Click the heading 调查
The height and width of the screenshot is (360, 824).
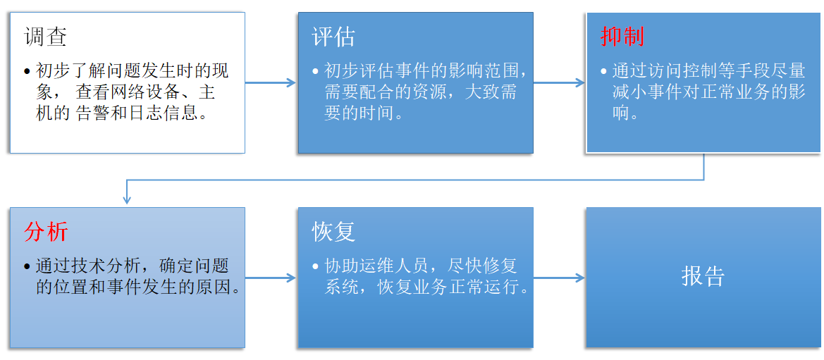pyautogui.click(x=45, y=37)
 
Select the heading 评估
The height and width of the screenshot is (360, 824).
pyautogui.click(x=333, y=37)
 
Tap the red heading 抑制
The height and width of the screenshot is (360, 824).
pyautogui.click(x=622, y=37)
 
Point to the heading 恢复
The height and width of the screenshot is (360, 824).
pyautogui.click(x=333, y=232)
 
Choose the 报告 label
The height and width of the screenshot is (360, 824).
pyautogui.click(x=703, y=276)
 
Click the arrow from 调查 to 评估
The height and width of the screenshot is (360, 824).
pyautogui.click(x=271, y=82)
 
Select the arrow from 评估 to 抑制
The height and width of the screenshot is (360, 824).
pyautogui.click(x=559, y=82)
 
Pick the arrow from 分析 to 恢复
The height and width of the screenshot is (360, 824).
pyautogui.click(x=271, y=278)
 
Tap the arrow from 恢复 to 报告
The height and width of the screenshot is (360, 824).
pyautogui.click(x=559, y=278)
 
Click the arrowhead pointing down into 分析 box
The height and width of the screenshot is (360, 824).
pyautogui.click(x=127, y=200)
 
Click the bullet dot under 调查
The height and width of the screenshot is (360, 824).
pyautogui.click(x=27, y=72)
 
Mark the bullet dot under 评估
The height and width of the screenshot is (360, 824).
pyautogui.click(x=315, y=72)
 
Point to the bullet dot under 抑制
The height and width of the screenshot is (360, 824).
pyautogui.click(x=603, y=72)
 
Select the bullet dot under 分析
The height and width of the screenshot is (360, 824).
pyautogui.click(x=27, y=267)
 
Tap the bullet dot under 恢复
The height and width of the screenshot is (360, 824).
pyautogui.click(x=315, y=267)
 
